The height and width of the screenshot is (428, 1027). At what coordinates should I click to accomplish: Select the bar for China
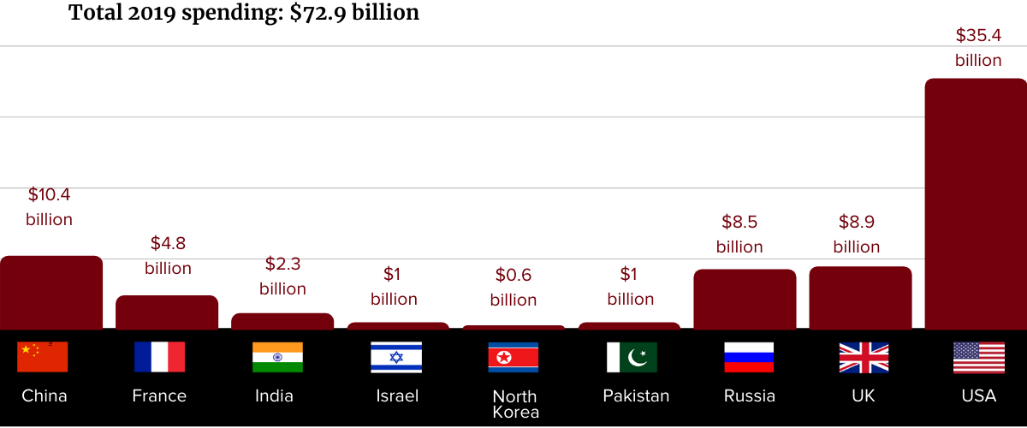pyautogui.click(x=51, y=293)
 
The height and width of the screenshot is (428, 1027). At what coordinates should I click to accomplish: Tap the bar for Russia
pyautogui.click(x=745, y=300)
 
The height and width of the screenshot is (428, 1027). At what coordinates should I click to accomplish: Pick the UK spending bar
pyautogui.click(x=860, y=298)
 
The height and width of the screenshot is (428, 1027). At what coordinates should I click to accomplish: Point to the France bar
pyautogui.click(x=167, y=312)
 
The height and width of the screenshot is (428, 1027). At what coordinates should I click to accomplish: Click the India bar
pyautogui.click(x=282, y=321)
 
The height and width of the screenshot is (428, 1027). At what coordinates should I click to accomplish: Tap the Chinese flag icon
pyautogui.click(x=43, y=357)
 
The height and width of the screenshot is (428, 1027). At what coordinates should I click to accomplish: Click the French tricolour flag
pyautogui.click(x=159, y=357)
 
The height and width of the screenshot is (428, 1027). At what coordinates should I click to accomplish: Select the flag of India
pyautogui.click(x=277, y=357)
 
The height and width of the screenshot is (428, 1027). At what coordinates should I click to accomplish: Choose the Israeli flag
pyautogui.click(x=396, y=357)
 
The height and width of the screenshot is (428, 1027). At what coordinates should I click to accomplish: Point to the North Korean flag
pyautogui.click(x=513, y=357)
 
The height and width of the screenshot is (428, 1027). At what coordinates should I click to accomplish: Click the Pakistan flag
pyautogui.click(x=632, y=357)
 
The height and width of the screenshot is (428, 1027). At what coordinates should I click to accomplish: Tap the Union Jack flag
pyautogui.click(x=864, y=357)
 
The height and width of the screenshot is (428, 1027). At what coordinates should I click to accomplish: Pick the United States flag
pyautogui.click(x=979, y=357)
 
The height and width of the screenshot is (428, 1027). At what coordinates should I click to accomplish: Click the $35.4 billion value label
pyautogui.click(x=978, y=48)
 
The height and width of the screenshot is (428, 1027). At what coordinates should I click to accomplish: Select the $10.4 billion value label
pyautogui.click(x=49, y=207)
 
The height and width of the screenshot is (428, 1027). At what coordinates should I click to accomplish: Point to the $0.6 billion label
pyautogui.click(x=513, y=288)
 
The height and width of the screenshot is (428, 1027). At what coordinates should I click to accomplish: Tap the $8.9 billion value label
pyautogui.click(x=857, y=235)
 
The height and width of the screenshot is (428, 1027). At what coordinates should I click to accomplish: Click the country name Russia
pyautogui.click(x=750, y=395)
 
